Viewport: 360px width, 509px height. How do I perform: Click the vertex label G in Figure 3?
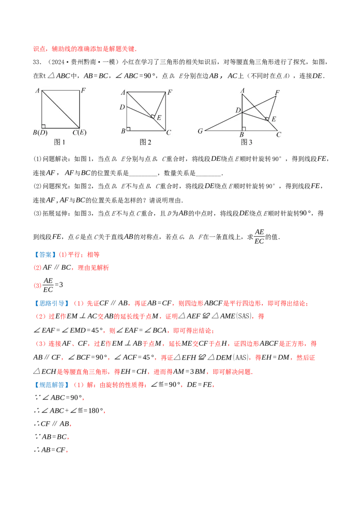tap(200, 131)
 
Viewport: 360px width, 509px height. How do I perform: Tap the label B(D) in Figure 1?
tap(40, 133)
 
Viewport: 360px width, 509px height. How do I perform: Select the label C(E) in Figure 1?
tap(79, 133)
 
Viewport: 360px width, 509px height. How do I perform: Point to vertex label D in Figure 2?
tap(122, 107)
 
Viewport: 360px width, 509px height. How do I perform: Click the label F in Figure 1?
tap(83, 90)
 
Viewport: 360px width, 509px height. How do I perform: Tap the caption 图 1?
tap(59, 142)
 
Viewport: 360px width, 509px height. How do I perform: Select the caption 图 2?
tap(145, 142)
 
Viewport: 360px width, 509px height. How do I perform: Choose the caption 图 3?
tap(246, 142)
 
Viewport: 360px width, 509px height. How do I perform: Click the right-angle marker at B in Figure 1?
tap(44, 126)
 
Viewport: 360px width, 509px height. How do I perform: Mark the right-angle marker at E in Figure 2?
tap(152, 116)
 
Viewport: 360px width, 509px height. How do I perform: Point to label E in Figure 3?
tap(274, 119)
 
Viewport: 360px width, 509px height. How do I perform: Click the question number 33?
tap(37, 62)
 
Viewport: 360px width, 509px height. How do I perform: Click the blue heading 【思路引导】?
tap(51, 303)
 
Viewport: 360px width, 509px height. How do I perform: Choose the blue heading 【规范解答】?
tap(51, 384)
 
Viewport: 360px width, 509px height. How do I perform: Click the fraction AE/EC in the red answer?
tap(48, 285)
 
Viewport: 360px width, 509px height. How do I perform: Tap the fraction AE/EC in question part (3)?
tap(259, 237)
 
